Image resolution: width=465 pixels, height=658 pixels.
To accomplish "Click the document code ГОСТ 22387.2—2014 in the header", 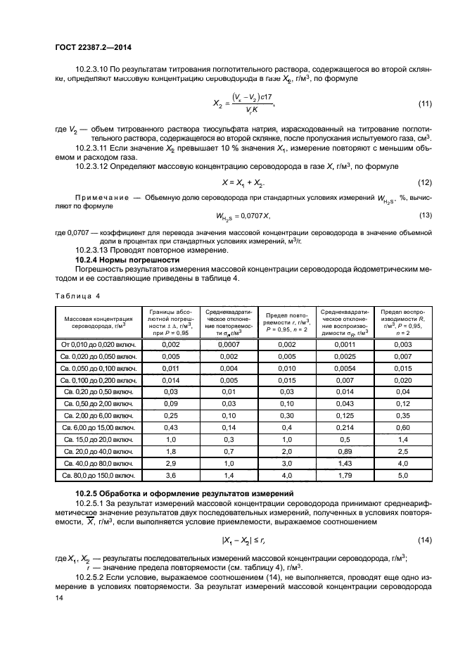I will (x=93, y=49).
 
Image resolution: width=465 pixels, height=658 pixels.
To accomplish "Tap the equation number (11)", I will (x=424, y=104).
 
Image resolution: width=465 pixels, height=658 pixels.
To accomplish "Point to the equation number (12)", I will (x=424, y=182).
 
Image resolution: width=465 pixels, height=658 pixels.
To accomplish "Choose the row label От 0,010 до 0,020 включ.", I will (x=98, y=344).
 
